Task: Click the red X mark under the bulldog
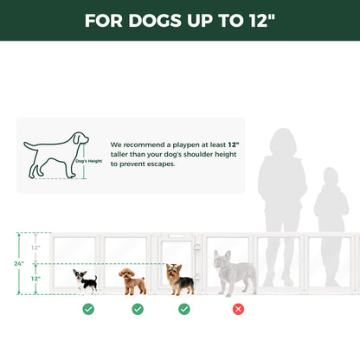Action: pos(238,308)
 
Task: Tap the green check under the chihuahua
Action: pos(88,308)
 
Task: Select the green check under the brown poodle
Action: pos(138,308)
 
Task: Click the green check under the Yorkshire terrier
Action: pos(184,308)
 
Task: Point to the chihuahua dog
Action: pos(85,280)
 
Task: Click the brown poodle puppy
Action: pos(132,280)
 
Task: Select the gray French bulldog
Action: pos(235,273)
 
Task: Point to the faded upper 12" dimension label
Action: pos(35,247)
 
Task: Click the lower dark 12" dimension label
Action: pos(35,279)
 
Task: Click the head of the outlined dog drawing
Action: pos(79,138)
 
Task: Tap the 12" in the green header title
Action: pos(262,21)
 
